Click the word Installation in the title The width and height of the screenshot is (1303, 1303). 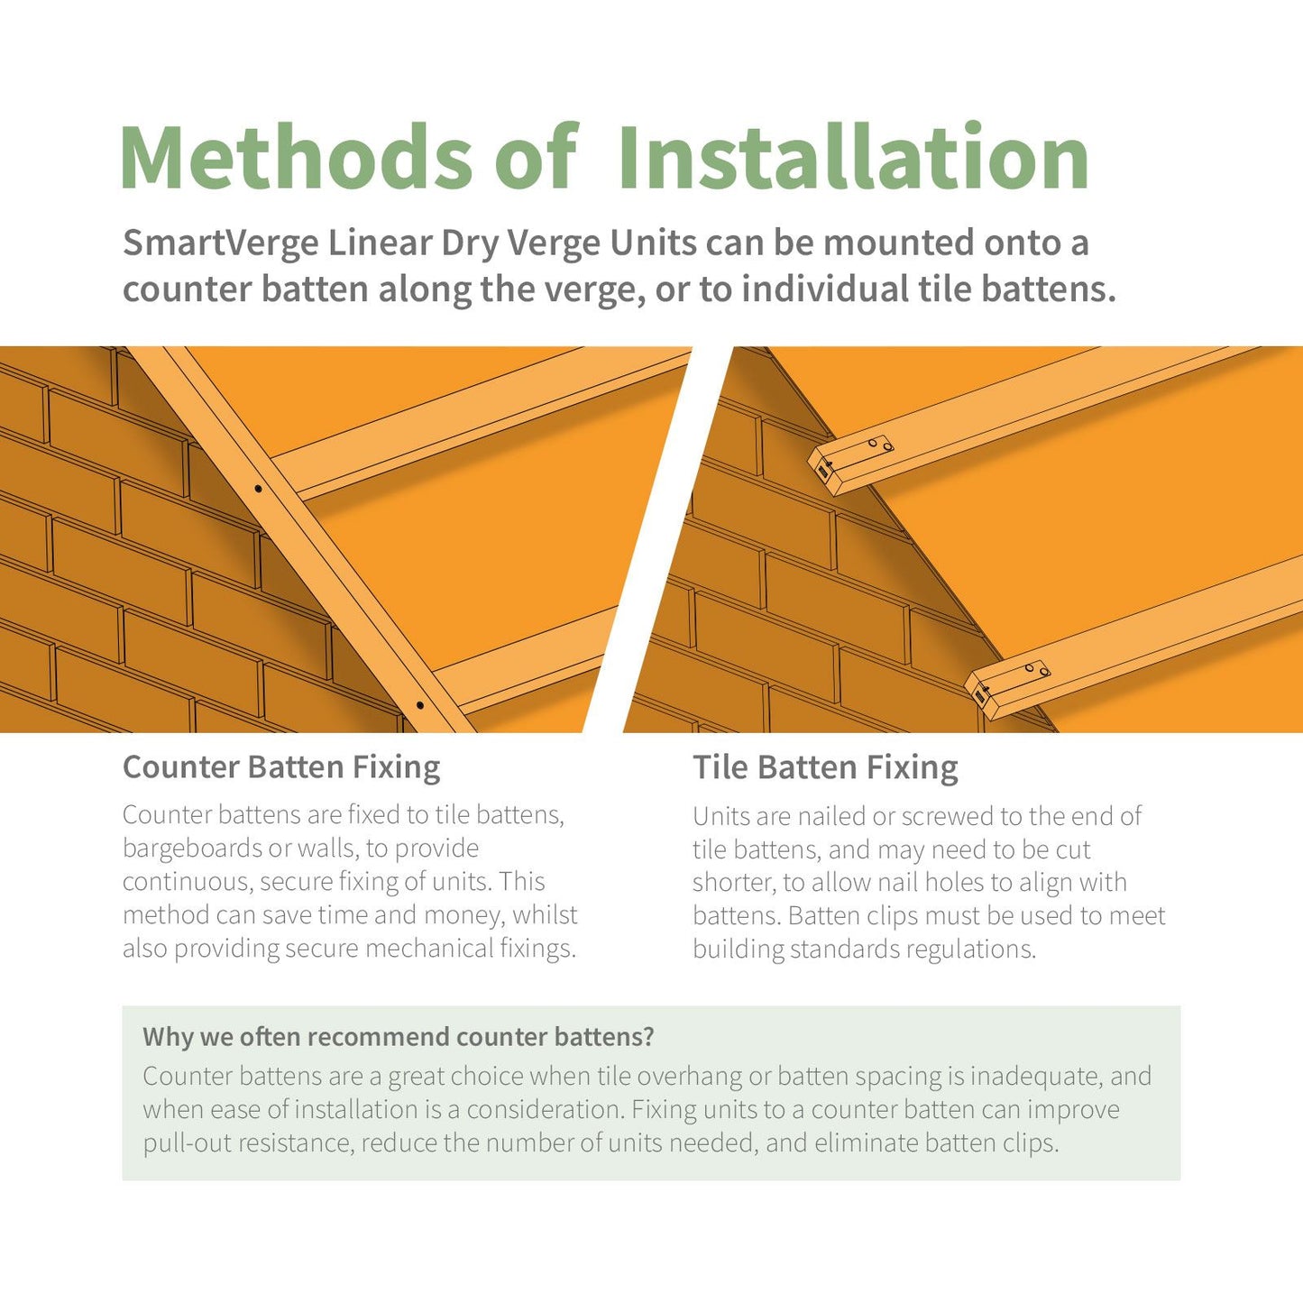click(853, 158)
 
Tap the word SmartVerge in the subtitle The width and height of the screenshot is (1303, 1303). click(221, 243)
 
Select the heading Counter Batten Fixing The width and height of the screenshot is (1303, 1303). click(281, 767)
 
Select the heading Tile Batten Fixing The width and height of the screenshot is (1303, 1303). click(825, 767)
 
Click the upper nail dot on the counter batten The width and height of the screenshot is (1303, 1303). click(259, 489)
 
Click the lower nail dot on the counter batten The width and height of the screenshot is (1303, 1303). click(420, 705)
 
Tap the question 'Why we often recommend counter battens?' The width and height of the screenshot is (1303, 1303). click(398, 1037)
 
